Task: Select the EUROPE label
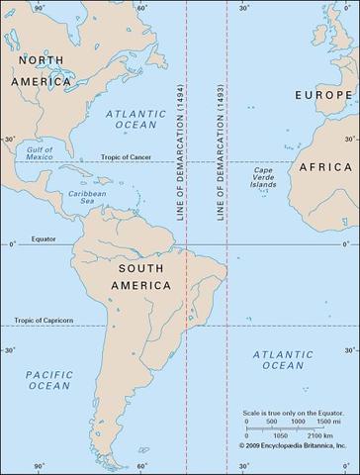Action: coord(324,94)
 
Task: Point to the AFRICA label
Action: coord(326,167)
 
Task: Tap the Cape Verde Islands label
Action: coord(265,179)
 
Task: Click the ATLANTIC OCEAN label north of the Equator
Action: coord(136,121)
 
